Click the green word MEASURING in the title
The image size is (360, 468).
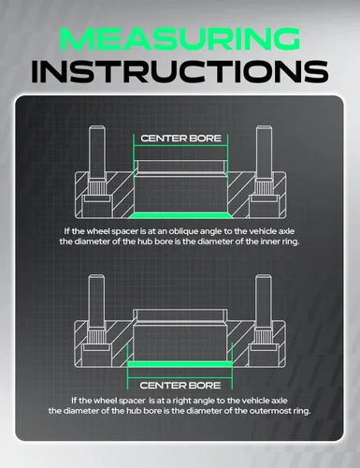(180, 39)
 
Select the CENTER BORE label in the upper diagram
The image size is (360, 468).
(180, 139)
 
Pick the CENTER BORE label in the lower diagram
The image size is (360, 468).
(180, 386)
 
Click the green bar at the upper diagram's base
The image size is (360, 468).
(180, 215)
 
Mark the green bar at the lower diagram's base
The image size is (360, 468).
(180, 364)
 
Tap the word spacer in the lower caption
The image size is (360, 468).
(132, 401)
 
